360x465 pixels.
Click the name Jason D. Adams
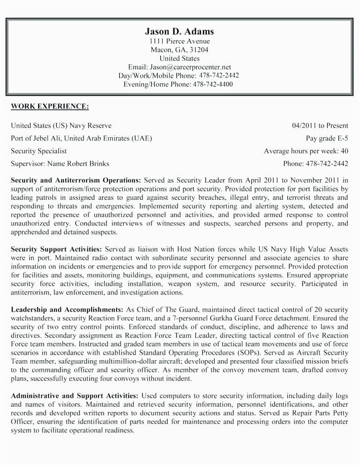coord(180,31)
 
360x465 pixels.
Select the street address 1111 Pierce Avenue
coord(180,42)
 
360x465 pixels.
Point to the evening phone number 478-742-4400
coord(213,84)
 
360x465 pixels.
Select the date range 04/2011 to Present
coord(320,126)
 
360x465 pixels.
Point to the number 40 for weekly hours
coord(345,151)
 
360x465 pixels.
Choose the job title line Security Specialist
coord(39,151)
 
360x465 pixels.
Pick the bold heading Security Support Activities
coord(56,248)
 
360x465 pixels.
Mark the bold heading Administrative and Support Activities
coord(74,396)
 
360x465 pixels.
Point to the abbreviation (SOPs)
coord(249,353)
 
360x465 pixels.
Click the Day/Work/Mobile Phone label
coord(157,76)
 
